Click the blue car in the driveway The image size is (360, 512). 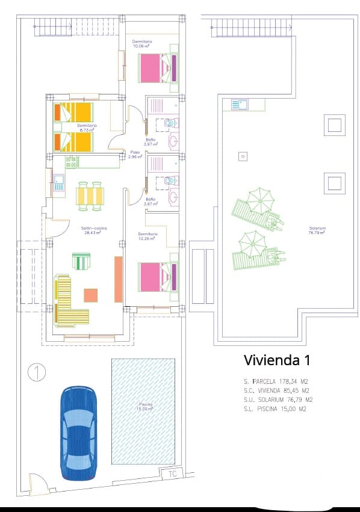[78, 433]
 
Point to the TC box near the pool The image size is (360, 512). [172, 473]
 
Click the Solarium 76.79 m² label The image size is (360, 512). [317, 230]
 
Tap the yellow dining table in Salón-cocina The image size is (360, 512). [90, 197]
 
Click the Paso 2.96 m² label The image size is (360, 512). [135, 155]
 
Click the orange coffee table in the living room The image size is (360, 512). [90, 295]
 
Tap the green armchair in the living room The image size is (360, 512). [81, 261]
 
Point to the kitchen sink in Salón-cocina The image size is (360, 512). [59, 182]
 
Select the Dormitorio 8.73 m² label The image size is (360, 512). [87, 128]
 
